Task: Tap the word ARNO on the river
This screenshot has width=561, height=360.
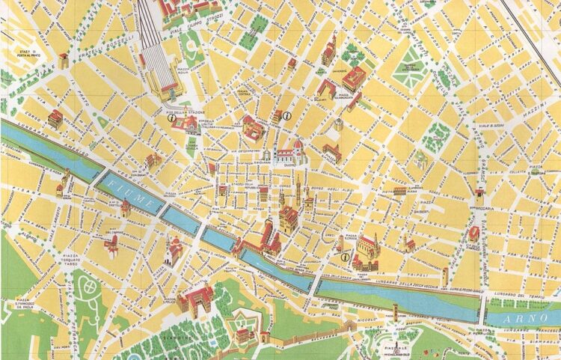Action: (x=524, y=317)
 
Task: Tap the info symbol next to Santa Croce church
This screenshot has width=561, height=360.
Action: (x=344, y=257)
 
